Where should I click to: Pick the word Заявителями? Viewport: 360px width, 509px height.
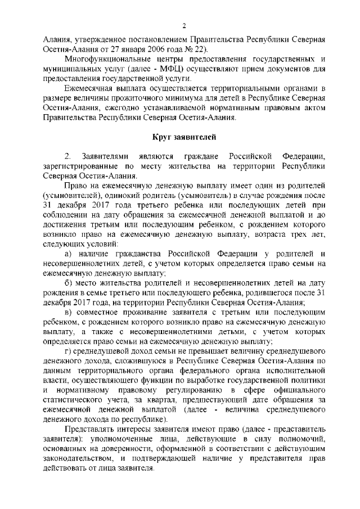(x=106, y=156)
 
